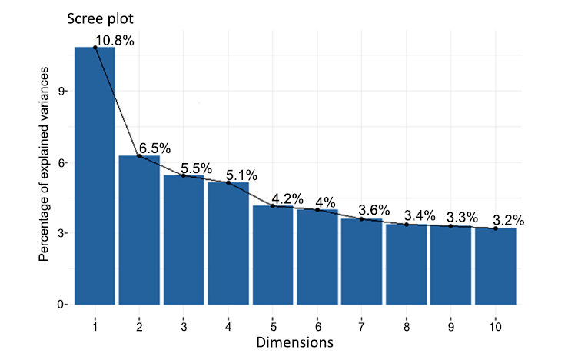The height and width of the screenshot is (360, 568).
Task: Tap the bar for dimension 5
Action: click(x=273, y=255)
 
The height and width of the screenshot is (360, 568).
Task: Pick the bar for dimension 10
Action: click(x=496, y=266)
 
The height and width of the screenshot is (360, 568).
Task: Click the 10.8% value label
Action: click(x=115, y=41)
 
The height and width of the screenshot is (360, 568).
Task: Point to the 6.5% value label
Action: click(x=155, y=147)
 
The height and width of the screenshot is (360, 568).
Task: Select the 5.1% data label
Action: click(x=244, y=175)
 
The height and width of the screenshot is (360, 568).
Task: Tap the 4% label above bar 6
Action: click(x=326, y=202)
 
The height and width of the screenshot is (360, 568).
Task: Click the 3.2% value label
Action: click(x=509, y=221)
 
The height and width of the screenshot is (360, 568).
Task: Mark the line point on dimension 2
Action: click(x=139, y=156)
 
